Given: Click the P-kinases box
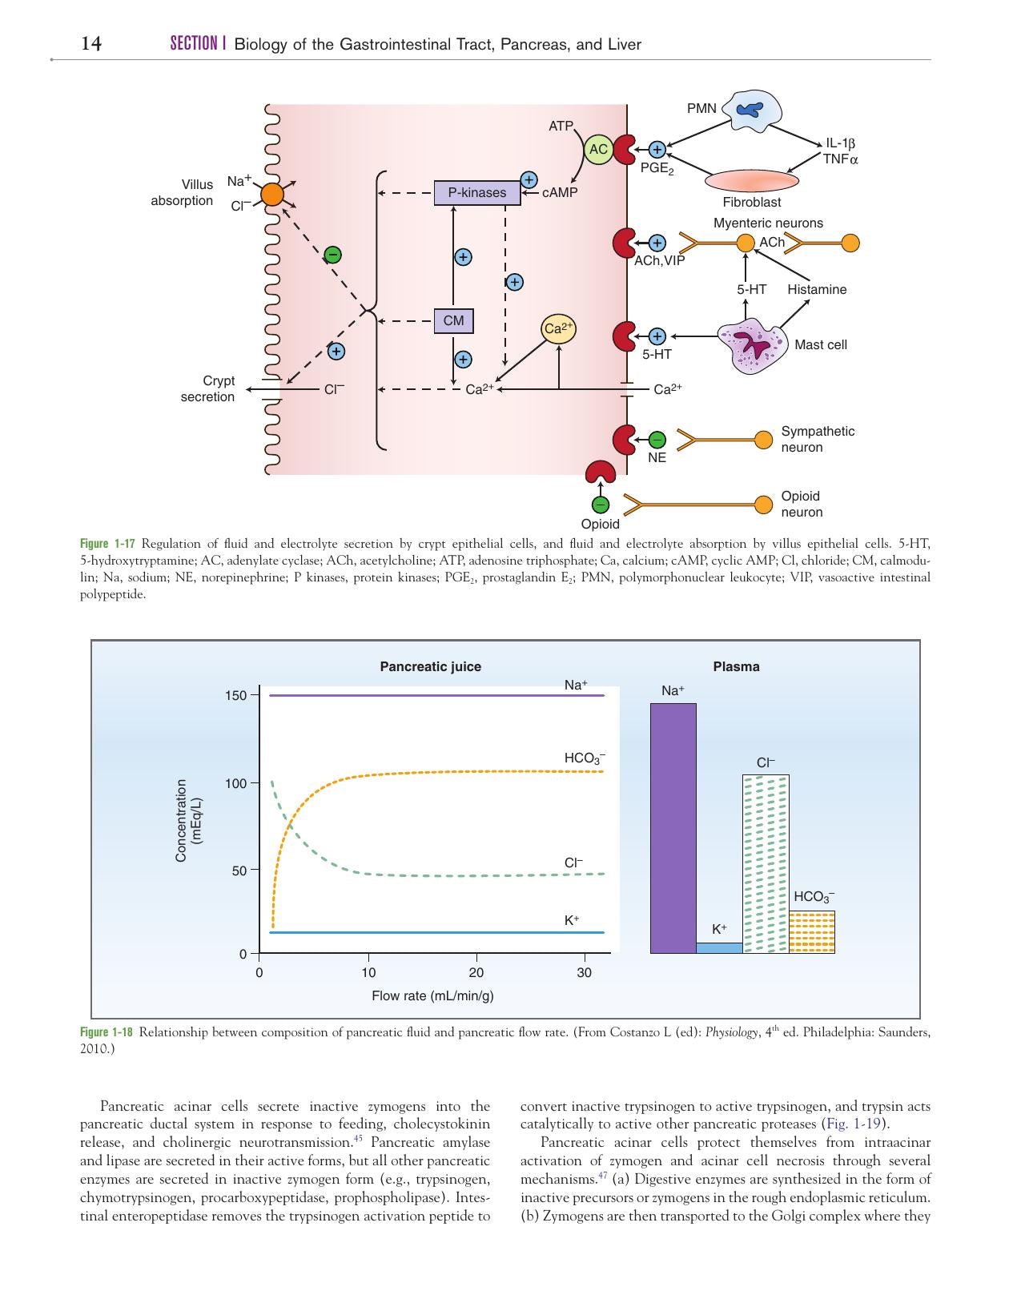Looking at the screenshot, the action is coord(477,192).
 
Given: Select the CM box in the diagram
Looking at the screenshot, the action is coord(453,320).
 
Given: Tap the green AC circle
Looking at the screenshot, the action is coord(597,149).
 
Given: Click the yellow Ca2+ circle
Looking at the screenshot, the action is coord(559,329).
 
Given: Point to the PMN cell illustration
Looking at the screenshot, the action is coord(752,111).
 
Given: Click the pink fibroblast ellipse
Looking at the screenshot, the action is coord(752,180).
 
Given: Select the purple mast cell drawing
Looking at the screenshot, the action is coord(752,347).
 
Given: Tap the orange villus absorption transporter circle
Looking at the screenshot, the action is coord(271,194).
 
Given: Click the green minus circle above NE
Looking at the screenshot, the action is coord(657,440).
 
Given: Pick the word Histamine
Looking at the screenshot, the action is coord(817,289).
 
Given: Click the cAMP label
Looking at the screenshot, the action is coord(559,192).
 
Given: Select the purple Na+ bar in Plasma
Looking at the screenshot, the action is coord(673,828).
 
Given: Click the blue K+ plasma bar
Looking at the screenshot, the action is coord(719,948).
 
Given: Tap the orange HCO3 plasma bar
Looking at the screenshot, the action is coord(812,932).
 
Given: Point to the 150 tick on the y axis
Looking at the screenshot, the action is coord(235,695).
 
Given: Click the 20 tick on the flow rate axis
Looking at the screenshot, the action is coord(476,972).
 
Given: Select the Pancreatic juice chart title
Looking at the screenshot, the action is coord(431,666).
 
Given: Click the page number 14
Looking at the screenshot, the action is coord(91,43).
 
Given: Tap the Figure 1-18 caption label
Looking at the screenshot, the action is coord(106,1032).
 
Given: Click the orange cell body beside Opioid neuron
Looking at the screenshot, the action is coord(763,505).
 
